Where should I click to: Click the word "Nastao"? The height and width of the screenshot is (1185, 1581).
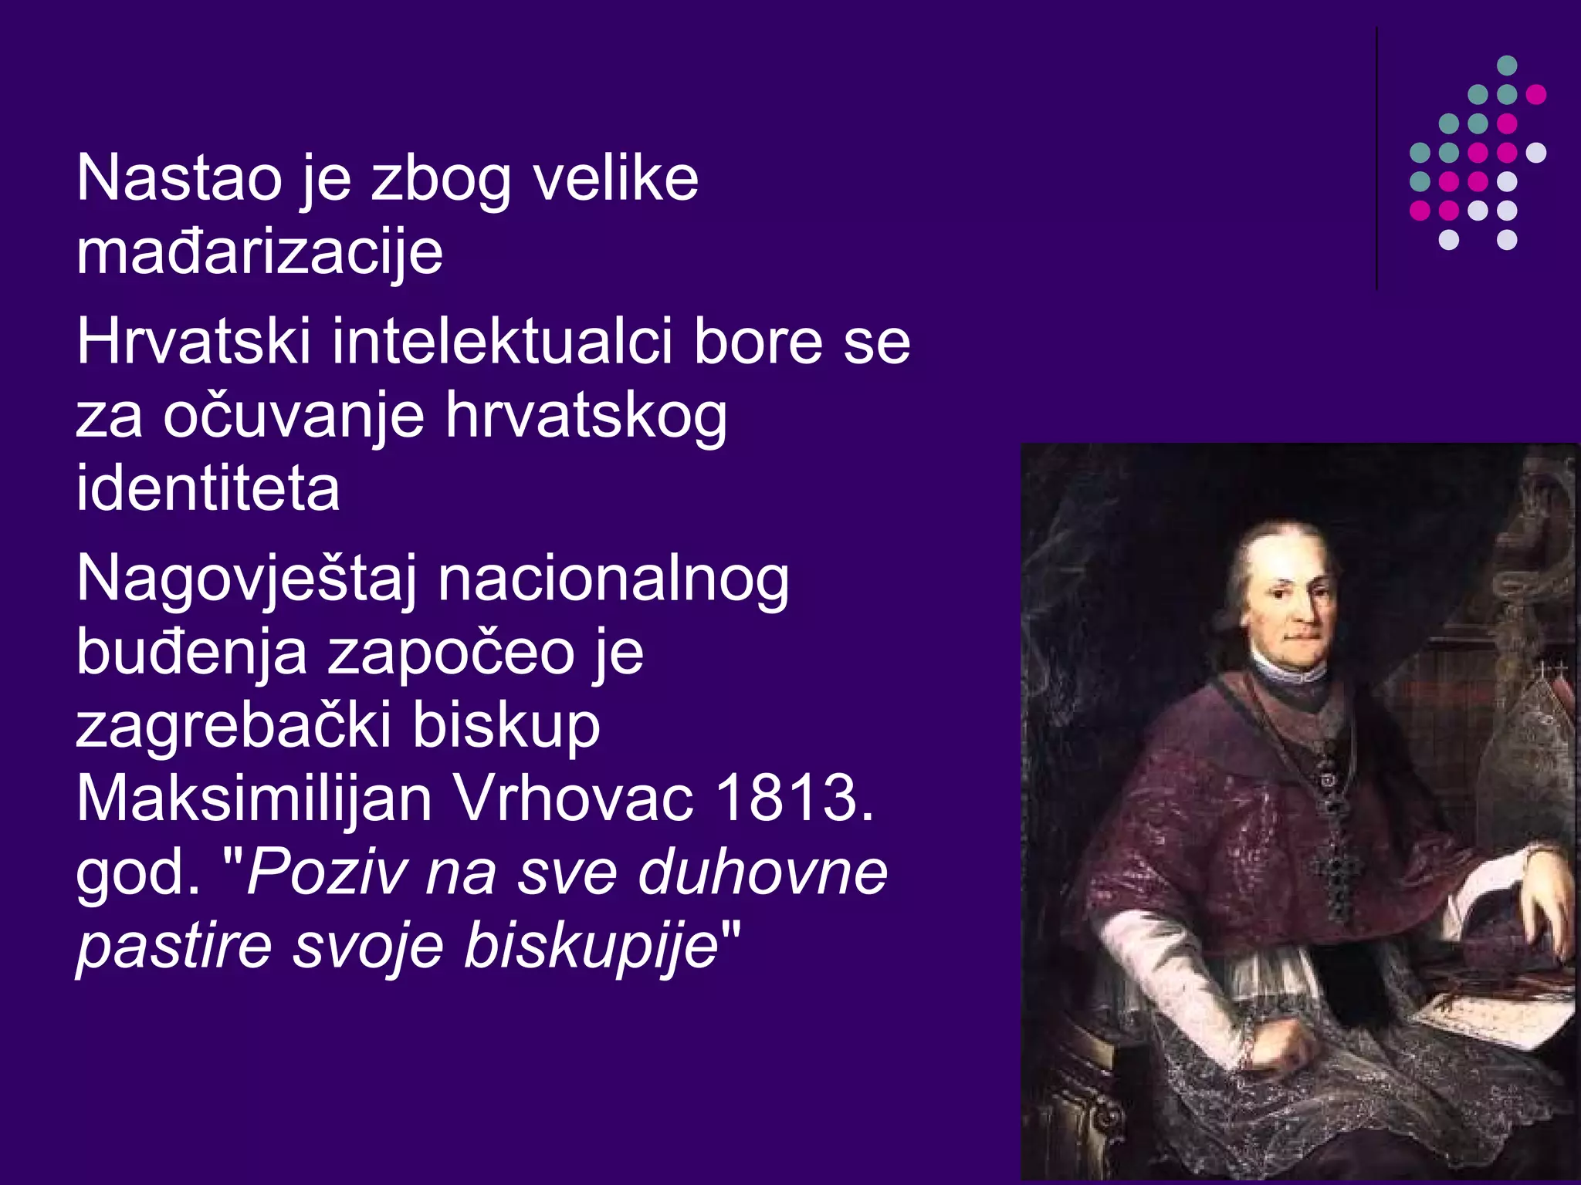(179, 179)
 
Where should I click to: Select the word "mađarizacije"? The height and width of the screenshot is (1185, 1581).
(259, 253)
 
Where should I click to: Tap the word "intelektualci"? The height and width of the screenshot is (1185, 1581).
(502, 342)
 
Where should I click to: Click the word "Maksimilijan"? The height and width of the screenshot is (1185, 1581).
(254, 798)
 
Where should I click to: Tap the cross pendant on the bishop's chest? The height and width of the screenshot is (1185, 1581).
(1336, 872)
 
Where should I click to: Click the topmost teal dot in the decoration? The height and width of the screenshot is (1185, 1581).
(1507, 66)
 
